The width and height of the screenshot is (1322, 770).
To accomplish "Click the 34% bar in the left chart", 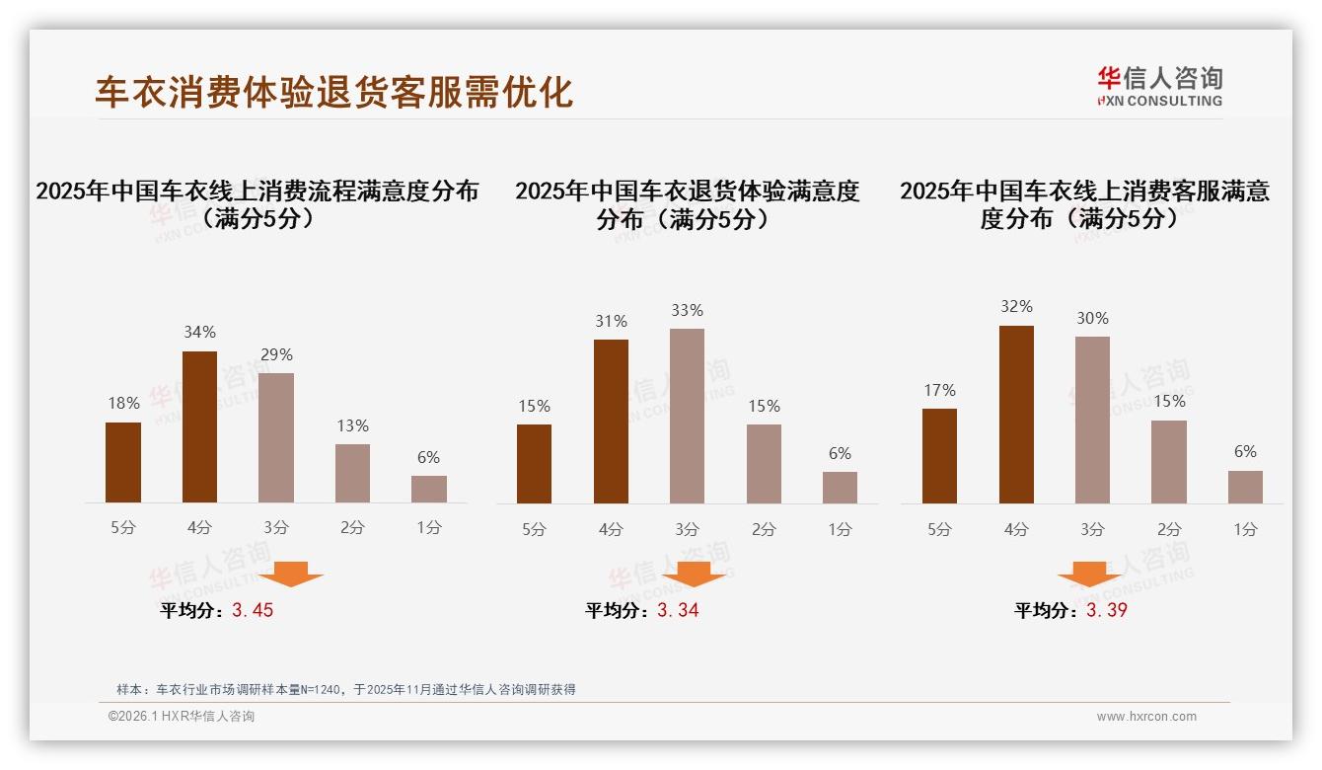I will coord(200,426).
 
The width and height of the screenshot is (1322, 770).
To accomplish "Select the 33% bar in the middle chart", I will coord(687,416).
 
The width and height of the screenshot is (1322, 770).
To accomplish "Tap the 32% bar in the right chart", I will coord(1016,415).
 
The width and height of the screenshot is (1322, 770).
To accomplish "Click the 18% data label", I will coord(123,403).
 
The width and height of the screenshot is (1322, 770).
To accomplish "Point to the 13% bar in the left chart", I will coord(352,473).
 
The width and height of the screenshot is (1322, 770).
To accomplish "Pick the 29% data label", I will coord(276,354).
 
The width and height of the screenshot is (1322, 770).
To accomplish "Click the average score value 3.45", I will coord(253,610).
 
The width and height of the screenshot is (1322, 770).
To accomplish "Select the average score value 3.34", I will coord(678,610).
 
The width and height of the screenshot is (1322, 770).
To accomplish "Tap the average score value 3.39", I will coord(1107,610).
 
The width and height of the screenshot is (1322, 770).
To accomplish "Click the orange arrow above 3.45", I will coord(291,574).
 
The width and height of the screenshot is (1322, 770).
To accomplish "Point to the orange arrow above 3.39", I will coord(1089,574).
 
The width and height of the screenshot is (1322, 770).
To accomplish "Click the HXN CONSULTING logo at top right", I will coord(1159,86).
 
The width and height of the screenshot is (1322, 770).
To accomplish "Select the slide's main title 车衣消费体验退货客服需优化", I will coord(333,92).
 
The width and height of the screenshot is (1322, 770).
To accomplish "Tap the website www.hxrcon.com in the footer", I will coord(1146,717).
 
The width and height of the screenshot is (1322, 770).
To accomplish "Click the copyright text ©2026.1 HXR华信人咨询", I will coord(182,717).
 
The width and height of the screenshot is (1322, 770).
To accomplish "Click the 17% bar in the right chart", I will coord(939,455).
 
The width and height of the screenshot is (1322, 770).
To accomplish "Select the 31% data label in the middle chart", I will coord(611,321).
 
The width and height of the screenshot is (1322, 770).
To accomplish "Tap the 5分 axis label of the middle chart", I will coord(534,529).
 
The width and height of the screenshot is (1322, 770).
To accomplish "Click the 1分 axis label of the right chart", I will coord(1245,529).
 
